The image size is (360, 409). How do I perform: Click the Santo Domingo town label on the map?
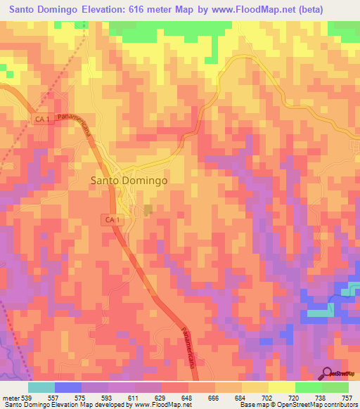pyautogui.click(x=129, y=180)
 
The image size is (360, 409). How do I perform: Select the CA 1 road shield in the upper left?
pyautogui.click(x=42, y=119)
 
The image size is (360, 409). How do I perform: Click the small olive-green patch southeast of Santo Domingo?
pyautogui.click(x=148, y=209)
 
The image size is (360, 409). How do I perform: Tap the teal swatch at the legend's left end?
pyautogui.click(x=41, y=387)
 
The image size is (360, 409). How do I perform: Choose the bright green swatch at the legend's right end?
pyautogui.click(x=335, y=387)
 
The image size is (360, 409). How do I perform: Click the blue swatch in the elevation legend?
pyautogui.click(x=68, y=387)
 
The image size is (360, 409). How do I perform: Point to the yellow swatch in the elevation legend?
pyautogui.click(x=281, y=387)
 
